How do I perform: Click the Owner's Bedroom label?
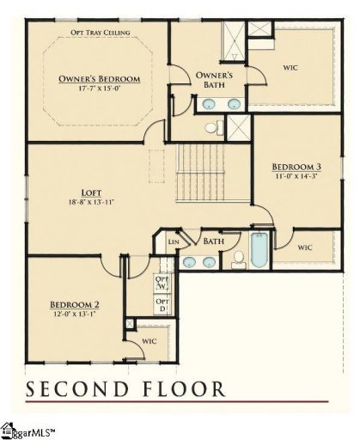[100, 79]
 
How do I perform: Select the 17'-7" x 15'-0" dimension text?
[100, 89]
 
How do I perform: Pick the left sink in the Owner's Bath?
[208, 106]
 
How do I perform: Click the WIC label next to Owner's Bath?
[290, 67]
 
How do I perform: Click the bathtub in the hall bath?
[258, 250]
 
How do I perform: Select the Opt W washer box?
[161, 283]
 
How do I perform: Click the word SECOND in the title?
[82, 389]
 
